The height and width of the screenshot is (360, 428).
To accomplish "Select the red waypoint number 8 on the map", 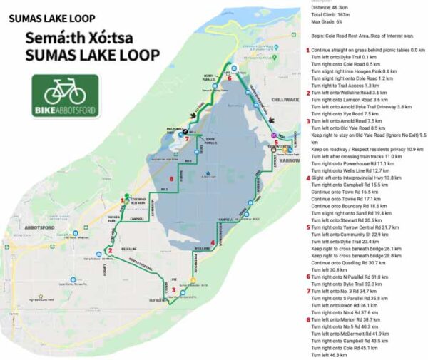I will click(172, 178).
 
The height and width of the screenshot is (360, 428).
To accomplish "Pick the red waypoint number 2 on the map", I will click(110, 250).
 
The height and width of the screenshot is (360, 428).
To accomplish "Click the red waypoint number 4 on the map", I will click(213, 242).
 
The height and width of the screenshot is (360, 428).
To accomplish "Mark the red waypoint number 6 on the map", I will click(229, 79).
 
